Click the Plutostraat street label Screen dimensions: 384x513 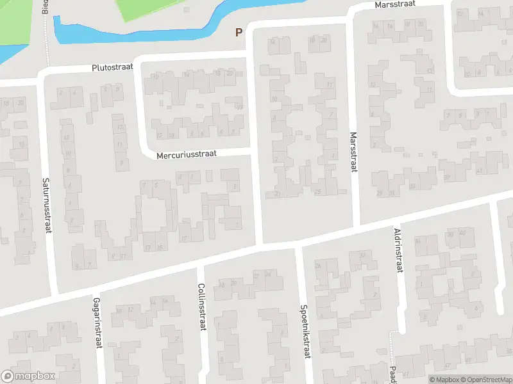pyautogui.click(x=113, y=67)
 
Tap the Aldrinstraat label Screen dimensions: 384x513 pyautogui.click(x=398, y=250)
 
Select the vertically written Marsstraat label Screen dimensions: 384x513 pyautogui.click(x=353, y=152)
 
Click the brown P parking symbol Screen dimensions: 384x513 pyautogui.click(x=239, y=32)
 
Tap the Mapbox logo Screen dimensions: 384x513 pyautogui.click(x=28, y=376)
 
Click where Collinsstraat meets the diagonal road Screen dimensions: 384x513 pyautogui.click(x=200, y=262)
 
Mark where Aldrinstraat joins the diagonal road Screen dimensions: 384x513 pyautogui.click(x=392, y=222)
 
